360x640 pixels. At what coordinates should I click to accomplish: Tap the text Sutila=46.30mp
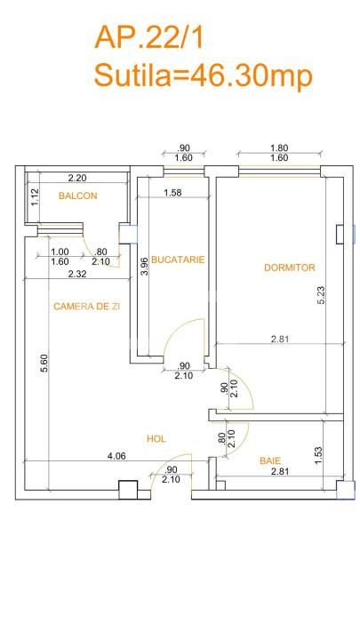coord(204,76)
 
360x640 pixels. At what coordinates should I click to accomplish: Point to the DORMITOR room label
coord(290,267)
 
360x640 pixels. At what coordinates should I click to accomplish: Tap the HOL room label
coord(156,438)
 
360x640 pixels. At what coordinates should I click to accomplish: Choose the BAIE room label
coord(270,460)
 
